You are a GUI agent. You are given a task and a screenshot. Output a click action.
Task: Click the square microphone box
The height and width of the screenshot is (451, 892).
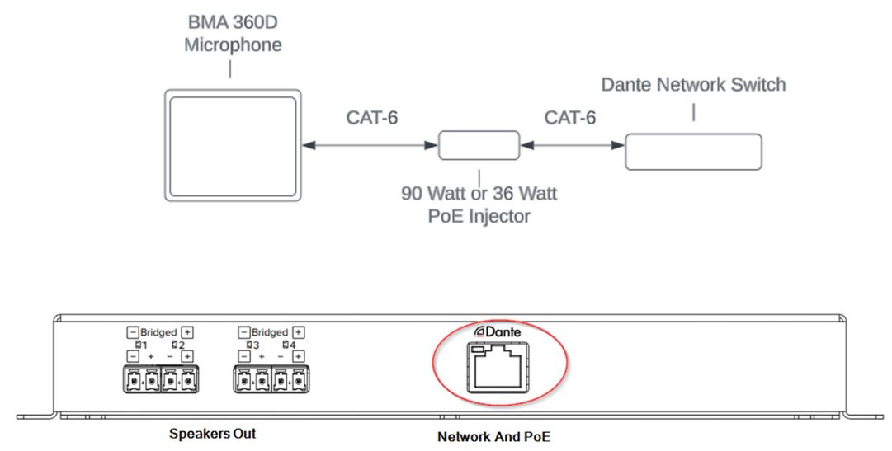[233, 146]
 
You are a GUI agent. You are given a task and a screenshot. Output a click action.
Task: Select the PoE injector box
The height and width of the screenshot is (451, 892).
[479, 146]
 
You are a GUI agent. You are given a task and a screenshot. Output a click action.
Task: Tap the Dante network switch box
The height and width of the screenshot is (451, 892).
[693, 153]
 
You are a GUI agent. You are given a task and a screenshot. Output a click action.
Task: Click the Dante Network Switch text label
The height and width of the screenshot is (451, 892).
[693, 84]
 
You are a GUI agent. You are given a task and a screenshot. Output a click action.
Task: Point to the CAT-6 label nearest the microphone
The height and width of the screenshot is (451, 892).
[371, 118]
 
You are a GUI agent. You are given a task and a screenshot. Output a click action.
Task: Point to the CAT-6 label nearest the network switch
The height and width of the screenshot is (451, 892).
[570, 118]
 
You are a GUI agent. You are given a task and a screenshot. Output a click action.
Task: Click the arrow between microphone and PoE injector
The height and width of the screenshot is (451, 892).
[370, 146]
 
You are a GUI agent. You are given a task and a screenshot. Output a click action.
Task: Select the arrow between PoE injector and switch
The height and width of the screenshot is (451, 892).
[572, 146]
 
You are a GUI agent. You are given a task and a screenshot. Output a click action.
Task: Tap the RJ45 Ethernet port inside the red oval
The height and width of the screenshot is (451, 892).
[500, 369]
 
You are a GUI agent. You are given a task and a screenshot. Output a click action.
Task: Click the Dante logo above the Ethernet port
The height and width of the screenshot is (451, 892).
[498, 331]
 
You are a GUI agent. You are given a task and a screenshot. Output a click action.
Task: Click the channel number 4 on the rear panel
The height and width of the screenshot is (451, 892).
[290, 344]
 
